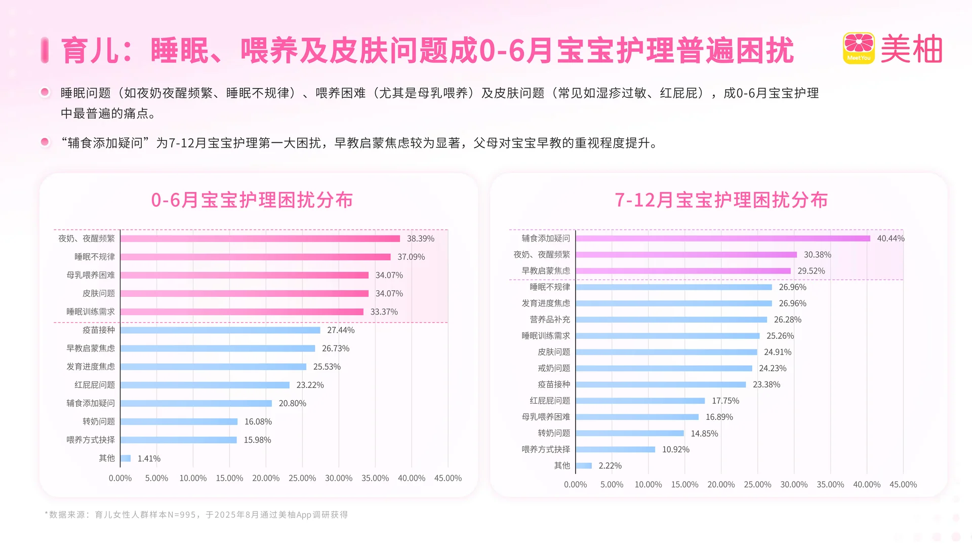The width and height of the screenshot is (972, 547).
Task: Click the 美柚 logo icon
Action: pyautogui.click(x=859, y=48)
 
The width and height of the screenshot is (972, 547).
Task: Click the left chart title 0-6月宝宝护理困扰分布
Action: pyautogui.click(x=252, y=200)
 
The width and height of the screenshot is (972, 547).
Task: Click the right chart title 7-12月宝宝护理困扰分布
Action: pyautogui.click(x=721, y=200)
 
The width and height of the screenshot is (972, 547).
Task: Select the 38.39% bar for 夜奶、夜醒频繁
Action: pyautogui.click(x=260, y=239)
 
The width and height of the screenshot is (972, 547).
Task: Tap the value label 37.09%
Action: pyautogui.click(x=411, y=257)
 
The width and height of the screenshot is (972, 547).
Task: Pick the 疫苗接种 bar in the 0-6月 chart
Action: pyautogui.click(x=220, y=330)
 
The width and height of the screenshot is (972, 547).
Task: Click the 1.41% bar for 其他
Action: pyautogui.click(x=126, y=458)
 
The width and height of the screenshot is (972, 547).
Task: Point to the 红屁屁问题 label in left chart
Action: pyautogui.click(x=95, y=385)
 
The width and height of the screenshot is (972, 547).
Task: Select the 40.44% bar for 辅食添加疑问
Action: pyautogui.click(x=723, y=239)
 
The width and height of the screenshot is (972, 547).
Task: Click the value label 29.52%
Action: pyautogui.click(x=811, y=271)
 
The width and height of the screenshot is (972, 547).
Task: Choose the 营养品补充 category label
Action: pyautogui.click(x=550, y=320)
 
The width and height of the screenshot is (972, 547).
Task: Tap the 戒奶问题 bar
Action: pyautogui.click(x=664, y=368)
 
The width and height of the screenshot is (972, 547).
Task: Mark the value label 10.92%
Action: pyautogui.click(x=675, y=449)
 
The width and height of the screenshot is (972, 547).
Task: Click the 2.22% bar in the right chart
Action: pyautogui.click(x=584, y=465)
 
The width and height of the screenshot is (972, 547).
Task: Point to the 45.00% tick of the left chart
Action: pyautogui.click(x=448, y=478)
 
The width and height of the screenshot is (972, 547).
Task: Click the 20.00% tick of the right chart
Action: pyautogui.click(x=721, y=485)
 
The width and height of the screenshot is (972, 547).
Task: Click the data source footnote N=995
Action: pyautogui.click(x=196, y=515)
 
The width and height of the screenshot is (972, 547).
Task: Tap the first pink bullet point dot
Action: pyautogui.click(x=45, y=92)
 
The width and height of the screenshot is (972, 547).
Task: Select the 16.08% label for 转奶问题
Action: pyautogui.click(x=258, y=421)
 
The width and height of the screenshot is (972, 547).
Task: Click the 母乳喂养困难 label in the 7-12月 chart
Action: pyautogui.click(x=546, y=417)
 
